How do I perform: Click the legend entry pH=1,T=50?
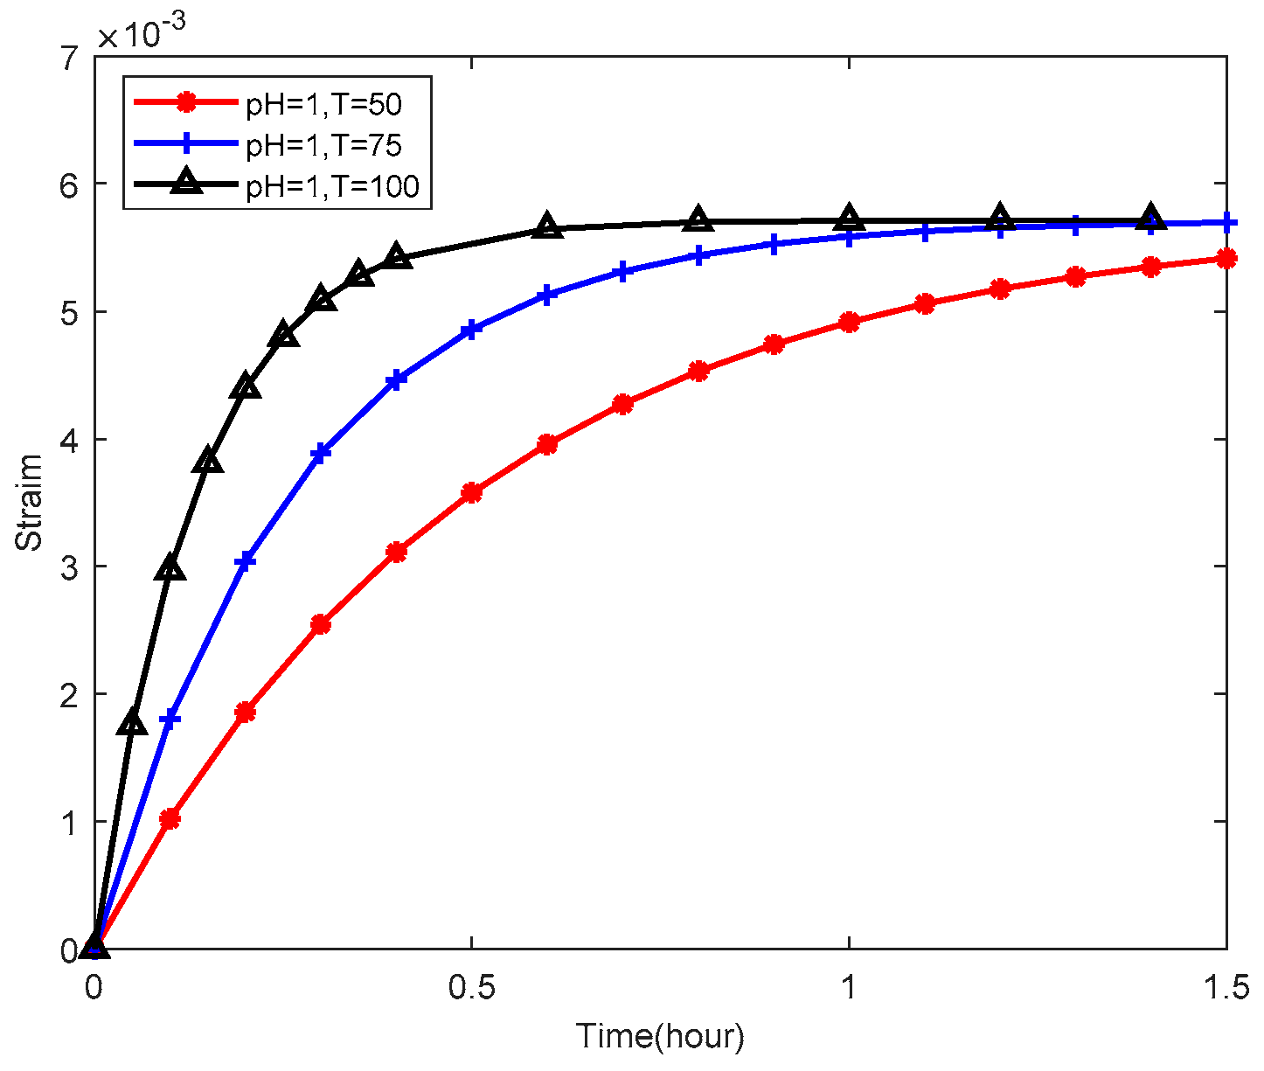pos(323,103)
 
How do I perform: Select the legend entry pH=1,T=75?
pos(323,144)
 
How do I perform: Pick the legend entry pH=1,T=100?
pos(331,185)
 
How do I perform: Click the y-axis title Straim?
pos(31,502)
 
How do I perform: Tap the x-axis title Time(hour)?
pos(660,1037)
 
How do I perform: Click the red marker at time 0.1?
pos(170,819)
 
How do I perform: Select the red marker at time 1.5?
pos(1226,258)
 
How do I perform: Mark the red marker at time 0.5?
pos(471,493)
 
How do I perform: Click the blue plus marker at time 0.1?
pos(170,720)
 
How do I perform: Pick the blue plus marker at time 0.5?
pos(471,330)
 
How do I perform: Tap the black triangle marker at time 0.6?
pos(547,226)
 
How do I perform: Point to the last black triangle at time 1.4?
pos(1150,218)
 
